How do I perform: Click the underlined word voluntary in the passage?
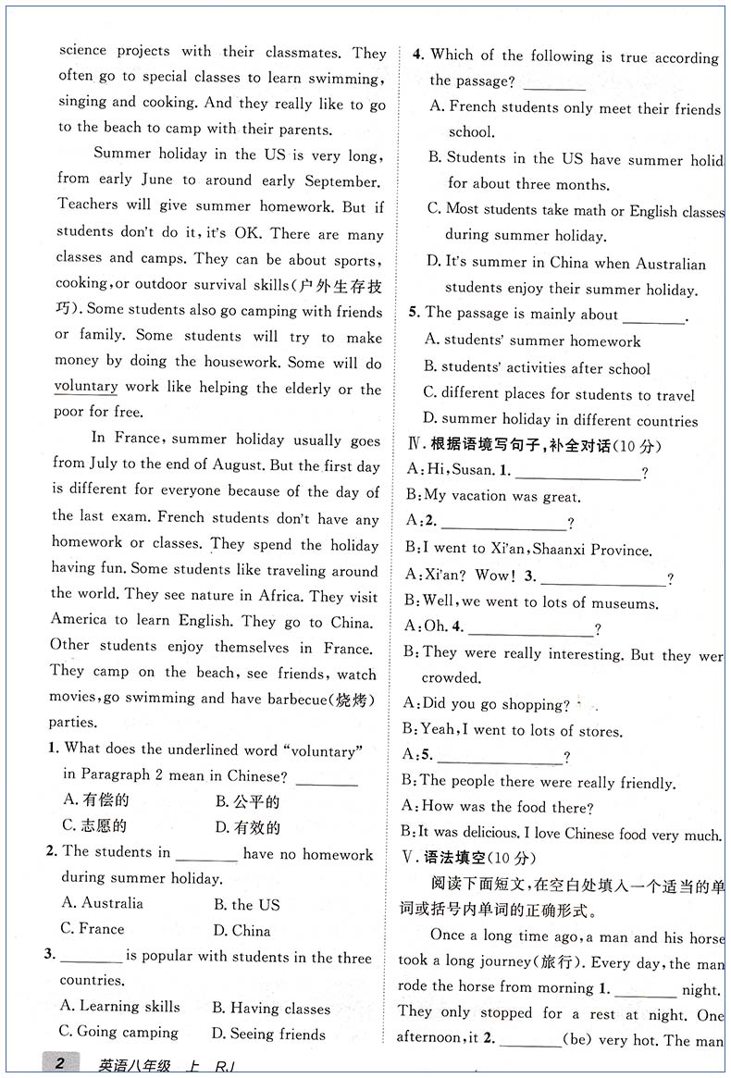pyautogui.click(x=86, y=387)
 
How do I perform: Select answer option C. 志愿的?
pyautogui.click(x=94, y=825)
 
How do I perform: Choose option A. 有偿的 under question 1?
pyautogui.click(x=95, y=799)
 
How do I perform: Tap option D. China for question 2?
pyautogui.click(x=242, y=930)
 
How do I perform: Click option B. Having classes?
pyautogui.click(x=270, y=1007)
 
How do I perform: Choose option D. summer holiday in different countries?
pyautogui.click(x=560, y=420)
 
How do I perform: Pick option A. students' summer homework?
pyautogui.click(x=532, y=341)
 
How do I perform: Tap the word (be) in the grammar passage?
pyautogui.click(x=580, y=1041)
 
